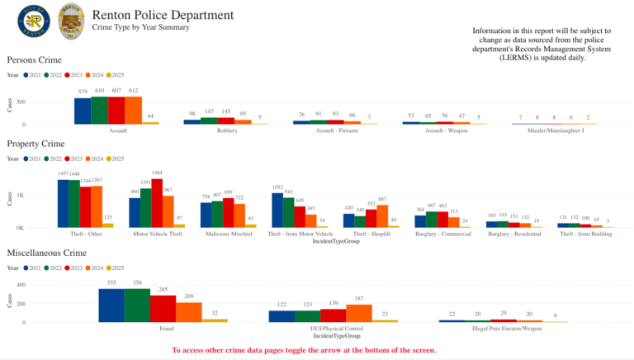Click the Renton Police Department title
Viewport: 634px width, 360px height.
click(x=163, y=15)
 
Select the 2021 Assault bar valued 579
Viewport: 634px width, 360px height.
click(x=83, y=111)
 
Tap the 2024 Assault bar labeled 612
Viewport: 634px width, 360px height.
click(x=134, y=110)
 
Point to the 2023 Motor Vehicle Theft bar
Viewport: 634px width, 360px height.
click(x=157, y=203)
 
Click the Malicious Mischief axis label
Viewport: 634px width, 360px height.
click(x=228, y=234)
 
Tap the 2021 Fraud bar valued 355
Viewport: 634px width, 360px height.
click(x=111, y=305)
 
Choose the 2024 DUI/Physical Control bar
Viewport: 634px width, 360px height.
click(x=358, y=313)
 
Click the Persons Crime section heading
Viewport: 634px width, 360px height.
click(x=35, y=60)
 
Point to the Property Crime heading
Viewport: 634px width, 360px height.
click(x=36, y=144)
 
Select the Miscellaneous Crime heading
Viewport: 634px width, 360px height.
click(x=46, y=252)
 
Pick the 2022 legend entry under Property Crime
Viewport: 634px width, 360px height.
click(x=57, y=158)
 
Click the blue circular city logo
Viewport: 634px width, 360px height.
click(x=34, y=22)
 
